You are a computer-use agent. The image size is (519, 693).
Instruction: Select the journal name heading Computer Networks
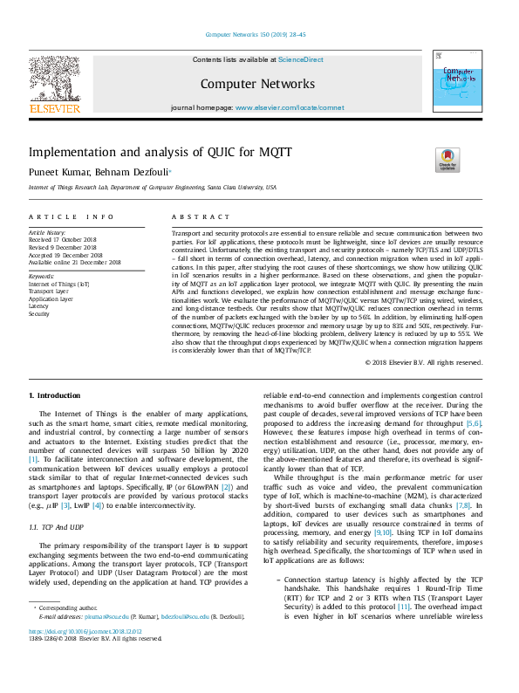[257, 84]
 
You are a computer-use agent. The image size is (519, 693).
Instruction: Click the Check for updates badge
[447, 160]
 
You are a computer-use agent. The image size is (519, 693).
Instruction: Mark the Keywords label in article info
[41, 276]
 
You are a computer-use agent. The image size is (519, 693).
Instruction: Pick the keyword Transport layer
[48, 292]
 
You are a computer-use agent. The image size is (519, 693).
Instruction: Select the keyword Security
[39, 312]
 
